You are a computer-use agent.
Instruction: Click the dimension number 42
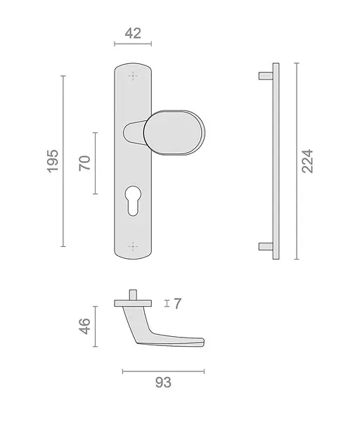(x=133, y=33)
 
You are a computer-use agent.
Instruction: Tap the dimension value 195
(x=53, y=161)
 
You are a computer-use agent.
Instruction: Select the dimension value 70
(x=85, y=163)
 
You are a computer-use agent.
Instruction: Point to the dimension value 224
(x=307, y=161)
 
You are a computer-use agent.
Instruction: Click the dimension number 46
(x=85, y=326)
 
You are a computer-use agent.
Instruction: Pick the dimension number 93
(x=163, y=383)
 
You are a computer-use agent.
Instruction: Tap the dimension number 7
(x=178, y=304)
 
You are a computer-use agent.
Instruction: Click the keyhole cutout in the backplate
(x=133, y=200)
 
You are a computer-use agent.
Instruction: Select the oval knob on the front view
(x=174, y=133)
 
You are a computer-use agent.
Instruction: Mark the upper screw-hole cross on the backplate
(x=133, y=76)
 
